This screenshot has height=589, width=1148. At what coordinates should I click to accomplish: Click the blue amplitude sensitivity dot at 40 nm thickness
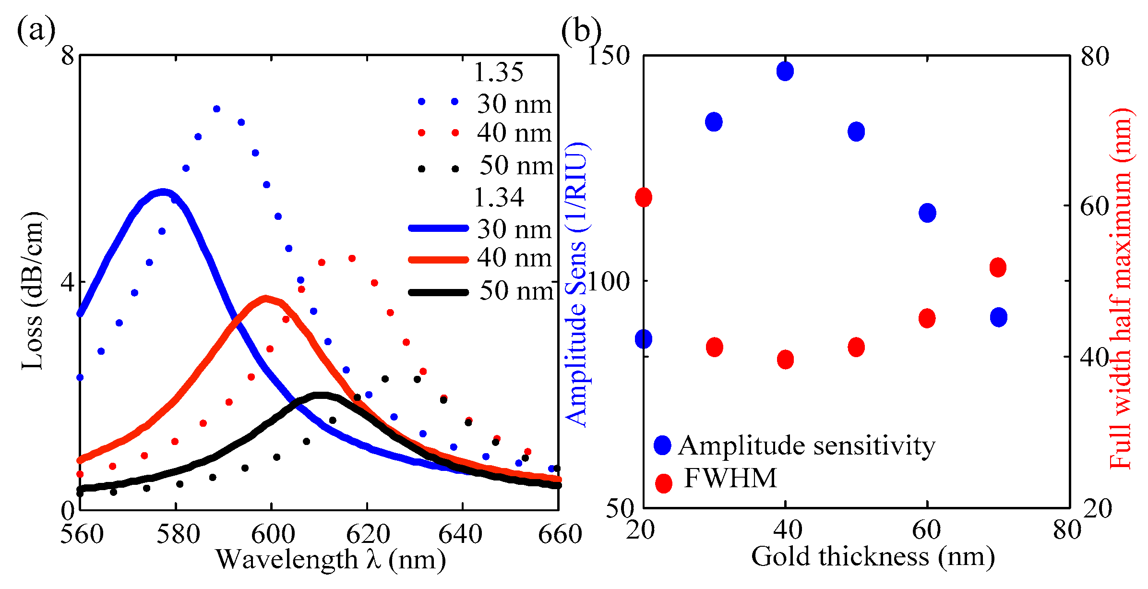point(785,71)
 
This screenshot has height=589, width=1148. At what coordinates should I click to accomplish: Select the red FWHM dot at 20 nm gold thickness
point(644,197)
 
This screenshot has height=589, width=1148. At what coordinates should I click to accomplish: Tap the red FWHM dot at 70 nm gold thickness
point(998,267)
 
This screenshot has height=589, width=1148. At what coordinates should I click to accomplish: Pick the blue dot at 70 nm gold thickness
point(999,317)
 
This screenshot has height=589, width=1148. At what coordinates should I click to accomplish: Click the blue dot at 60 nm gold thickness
point(927,213)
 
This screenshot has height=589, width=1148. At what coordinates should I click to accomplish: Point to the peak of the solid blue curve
point(163,192)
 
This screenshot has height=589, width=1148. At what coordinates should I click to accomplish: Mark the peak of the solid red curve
point(265,299)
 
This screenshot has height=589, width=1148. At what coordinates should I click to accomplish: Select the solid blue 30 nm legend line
point(438,228)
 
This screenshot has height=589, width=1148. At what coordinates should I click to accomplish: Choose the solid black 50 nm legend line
point(438,292)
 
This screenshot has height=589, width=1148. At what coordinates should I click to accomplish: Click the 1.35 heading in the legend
point(498,72)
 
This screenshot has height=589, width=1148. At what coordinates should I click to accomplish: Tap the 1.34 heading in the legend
point(499,197)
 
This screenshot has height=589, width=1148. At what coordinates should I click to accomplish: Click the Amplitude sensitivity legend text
point(806,445)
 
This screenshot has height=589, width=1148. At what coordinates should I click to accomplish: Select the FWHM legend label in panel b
point(730,478)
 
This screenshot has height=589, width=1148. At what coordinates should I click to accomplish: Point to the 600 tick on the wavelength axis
point(273,534)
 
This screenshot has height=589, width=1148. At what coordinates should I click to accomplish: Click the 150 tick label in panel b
point(609,56)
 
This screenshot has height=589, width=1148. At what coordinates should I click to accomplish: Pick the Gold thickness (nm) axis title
point(873,557)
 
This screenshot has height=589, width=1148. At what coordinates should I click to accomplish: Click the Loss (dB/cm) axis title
point(33,290)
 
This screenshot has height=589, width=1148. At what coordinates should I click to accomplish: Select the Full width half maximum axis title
point(1122,288)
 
